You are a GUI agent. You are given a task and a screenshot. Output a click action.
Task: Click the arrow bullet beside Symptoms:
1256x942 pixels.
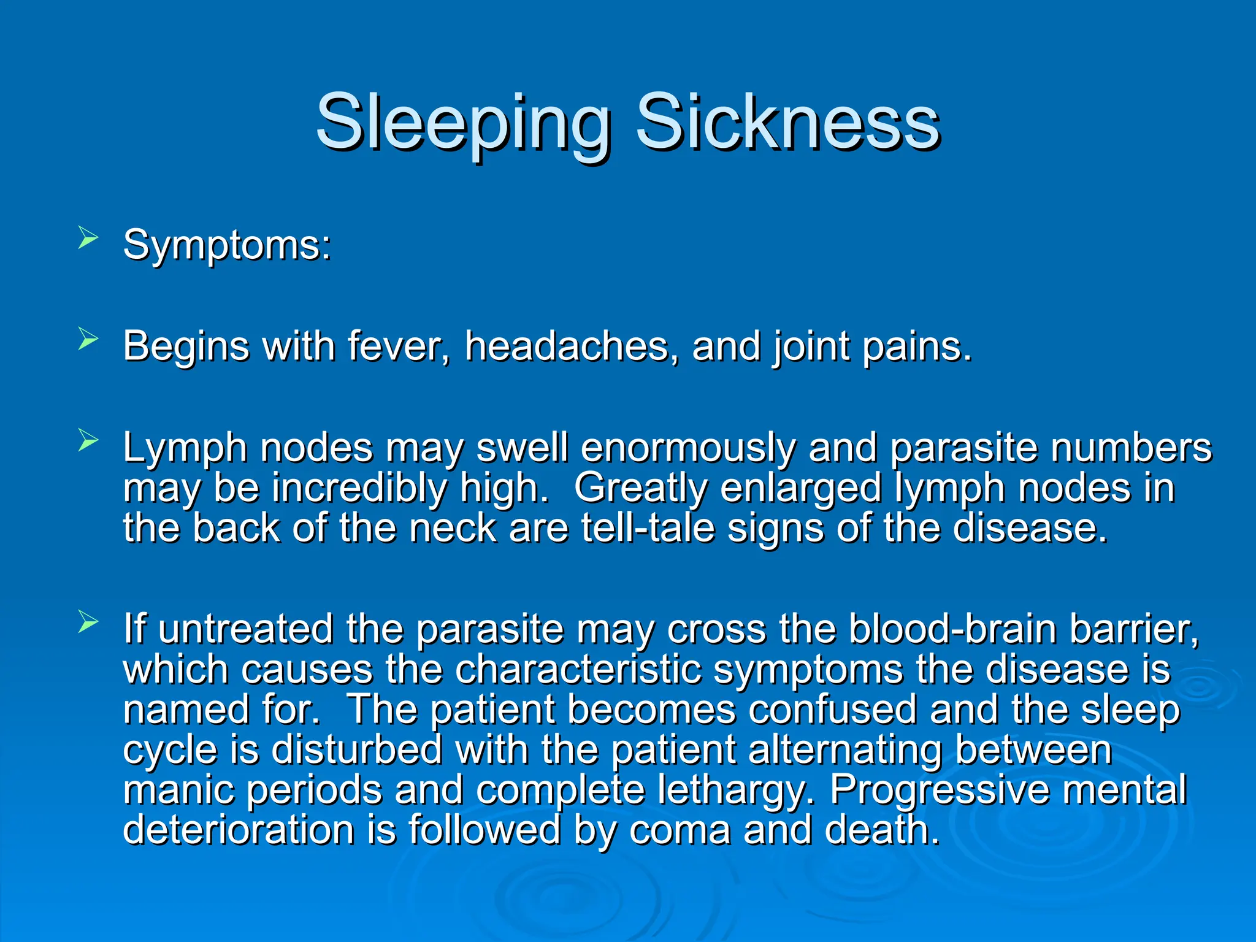[x=88, y=237]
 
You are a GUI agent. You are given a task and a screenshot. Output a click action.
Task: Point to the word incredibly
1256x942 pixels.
[x=359, y=489]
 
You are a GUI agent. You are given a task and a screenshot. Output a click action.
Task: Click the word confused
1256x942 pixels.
[x=833, y=710]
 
